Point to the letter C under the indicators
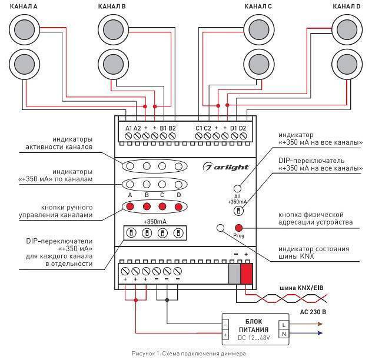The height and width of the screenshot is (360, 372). pyautogui.click(x=162, y=195)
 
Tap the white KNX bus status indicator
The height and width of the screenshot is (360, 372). pyautogui.click(x=221, y=228)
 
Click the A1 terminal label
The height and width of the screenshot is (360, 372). pyautogui.click(x=129, y=128)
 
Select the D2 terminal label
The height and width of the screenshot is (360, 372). pyautogui.click(x=242, y=128)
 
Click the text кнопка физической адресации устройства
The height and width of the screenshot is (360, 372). pyautogui.click(x=315, y=218)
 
